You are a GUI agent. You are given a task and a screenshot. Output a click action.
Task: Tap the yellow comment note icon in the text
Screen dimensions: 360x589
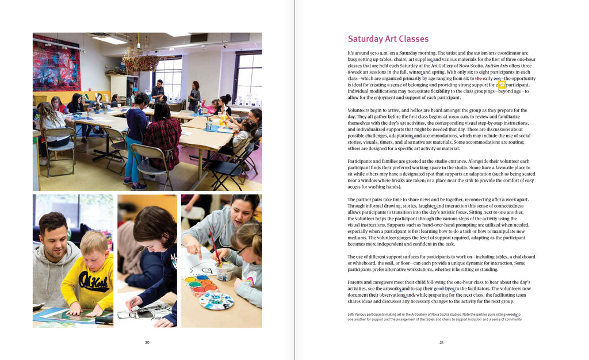coord(502,85)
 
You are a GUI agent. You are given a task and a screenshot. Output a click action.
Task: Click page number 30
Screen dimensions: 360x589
coord(147,343)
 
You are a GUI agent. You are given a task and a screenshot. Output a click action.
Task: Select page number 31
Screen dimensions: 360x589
coord(441,343)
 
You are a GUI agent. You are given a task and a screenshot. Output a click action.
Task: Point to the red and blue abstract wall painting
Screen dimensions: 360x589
coord(56,63)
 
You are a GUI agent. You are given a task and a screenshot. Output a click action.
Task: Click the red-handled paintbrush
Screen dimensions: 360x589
coord(213,244)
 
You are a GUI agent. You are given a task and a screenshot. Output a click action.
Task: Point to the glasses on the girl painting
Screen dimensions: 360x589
coord(242,250)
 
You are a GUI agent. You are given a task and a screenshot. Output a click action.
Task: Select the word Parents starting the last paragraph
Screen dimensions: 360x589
coord(358,282)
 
